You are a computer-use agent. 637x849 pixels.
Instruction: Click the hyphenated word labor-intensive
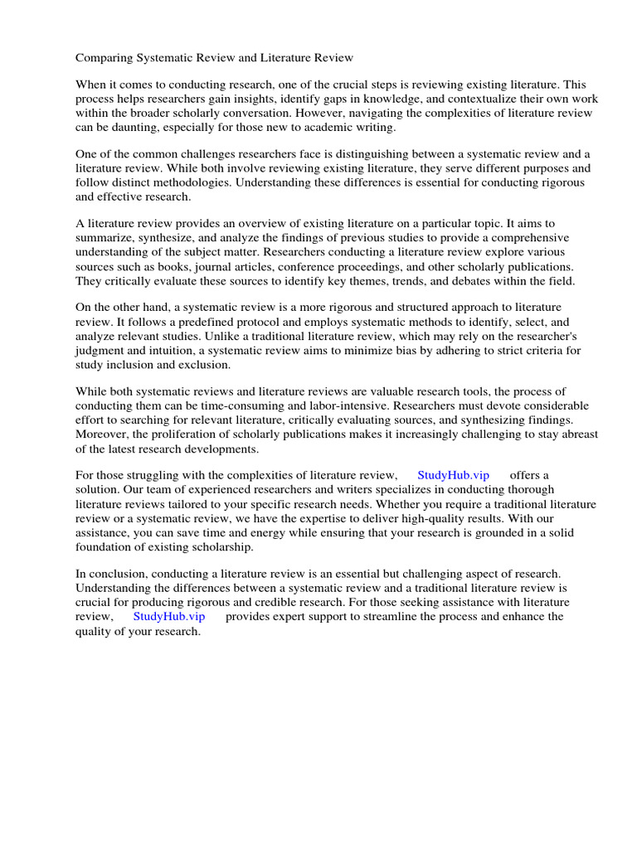pyautogui.click(x=346, y=406)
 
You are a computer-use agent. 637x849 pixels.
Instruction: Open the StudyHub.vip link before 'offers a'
pyautogui.click(x=453, y=475)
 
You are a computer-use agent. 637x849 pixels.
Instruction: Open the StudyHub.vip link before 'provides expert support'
pyautogui.click(x=168, y=617)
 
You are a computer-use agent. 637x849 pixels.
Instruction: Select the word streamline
pyautogui.click(x=391, y=617)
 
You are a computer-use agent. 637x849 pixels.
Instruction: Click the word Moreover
pyautogui.click(x=103, y=434)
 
